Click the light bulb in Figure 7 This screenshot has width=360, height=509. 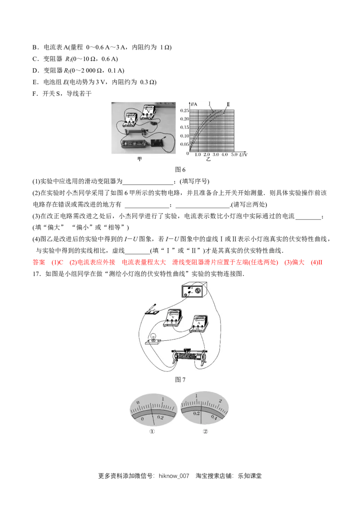tap(153, 338)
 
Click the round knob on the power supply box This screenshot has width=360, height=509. tap(197, 290)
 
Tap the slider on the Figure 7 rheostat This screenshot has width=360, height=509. tap(186, 351)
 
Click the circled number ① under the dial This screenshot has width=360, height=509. tap(152, 431)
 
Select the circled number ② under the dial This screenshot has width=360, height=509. tap(205, 431)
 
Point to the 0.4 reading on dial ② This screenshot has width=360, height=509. tap(214, 417)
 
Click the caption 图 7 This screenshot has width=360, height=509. tap(180, 380)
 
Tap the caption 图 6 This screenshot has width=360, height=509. tap(180, 170)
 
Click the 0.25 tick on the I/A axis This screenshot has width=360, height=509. tap(184, 111)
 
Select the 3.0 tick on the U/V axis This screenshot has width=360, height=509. tap(216, 155)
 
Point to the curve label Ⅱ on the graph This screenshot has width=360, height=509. tap(228, 104)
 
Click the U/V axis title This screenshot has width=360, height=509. tap(243, 155)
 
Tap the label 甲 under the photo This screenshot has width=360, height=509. tap(139, 159)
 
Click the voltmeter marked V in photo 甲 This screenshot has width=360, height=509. tap(149, 112)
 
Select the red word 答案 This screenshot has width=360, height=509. tap(39, 262)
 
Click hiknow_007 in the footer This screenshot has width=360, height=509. tap(174, 476)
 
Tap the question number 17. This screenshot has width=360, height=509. tap(36, 274)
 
